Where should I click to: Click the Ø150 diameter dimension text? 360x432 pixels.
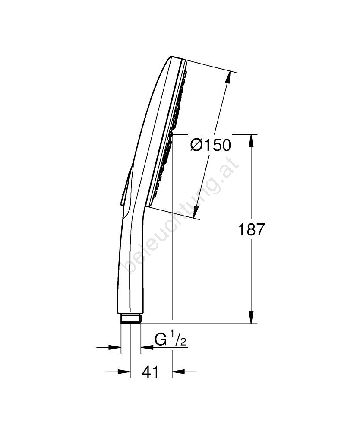pyautogui.click(x=210, y=145)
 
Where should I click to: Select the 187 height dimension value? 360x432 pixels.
pyautogui.click(x=251, y=229)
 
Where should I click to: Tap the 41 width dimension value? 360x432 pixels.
pyautogui.click(x=150, y=372)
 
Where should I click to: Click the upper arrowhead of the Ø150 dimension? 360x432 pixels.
pyautogui.click(x=228, y=77)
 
